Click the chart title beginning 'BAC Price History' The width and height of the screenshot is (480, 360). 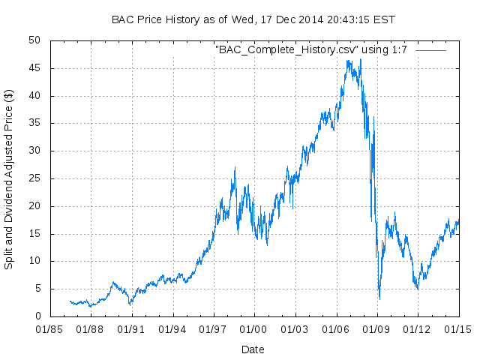coord(253,19)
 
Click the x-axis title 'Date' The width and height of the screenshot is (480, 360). coord(253,349)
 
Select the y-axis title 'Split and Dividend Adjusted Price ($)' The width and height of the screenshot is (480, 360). coord(9,179)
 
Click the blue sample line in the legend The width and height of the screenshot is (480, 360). coord(430,49)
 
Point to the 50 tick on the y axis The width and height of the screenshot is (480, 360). coord(34,40)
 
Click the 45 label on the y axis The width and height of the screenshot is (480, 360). coord(34,68)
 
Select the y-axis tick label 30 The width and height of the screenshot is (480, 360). coord(34,151)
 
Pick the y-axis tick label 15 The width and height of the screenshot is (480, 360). coord(34,234)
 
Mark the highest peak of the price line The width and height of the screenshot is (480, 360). coord(361,59)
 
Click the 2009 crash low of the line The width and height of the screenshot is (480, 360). coord(379,299)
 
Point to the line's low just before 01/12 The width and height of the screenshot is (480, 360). coord(418,289)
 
